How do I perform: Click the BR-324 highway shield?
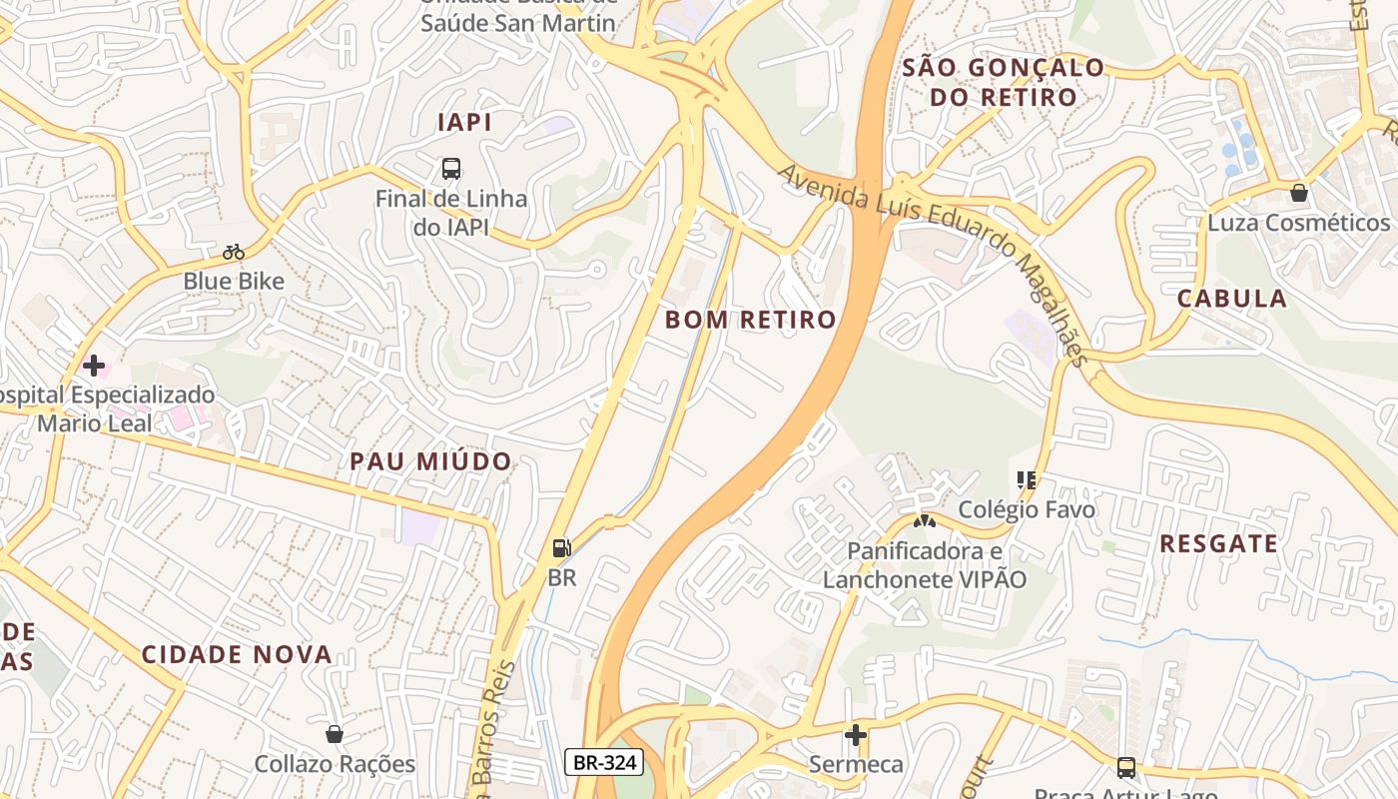tap(604, 763)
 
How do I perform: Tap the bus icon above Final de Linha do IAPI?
tap(451, 168)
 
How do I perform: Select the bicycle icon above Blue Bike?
tap(234, 252)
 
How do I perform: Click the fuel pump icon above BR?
tap(562, 547)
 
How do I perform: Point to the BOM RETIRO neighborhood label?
tap(750, 320)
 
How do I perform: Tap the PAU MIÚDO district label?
tap(430, 461)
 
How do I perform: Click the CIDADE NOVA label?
tap(237, 655)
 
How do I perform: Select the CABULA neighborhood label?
tap(1231, 299)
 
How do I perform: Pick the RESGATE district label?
tap(1218, 544)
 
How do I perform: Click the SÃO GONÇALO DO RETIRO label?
tap(1004, 83)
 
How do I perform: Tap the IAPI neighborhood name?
tap(464, 123)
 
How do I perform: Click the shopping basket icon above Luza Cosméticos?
tap(1298, 193)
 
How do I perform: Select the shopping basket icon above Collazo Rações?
tap(335, 734)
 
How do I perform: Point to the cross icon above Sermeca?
tap(856, 735)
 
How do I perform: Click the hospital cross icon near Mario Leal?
tap(94, 366)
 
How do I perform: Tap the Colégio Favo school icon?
tap(1026, 480)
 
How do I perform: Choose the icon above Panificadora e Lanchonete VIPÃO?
tap(925, 520)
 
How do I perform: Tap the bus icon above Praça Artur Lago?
tap(1125, 767)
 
